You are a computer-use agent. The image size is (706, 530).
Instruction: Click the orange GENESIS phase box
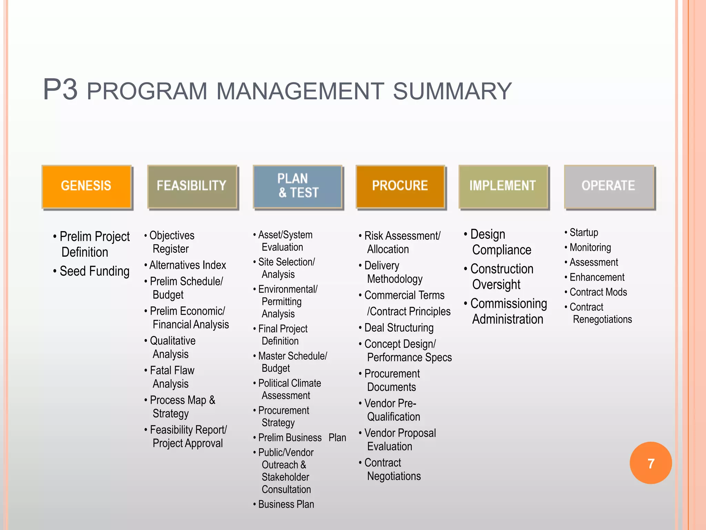[x=87, y=187]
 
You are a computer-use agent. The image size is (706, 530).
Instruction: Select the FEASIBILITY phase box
[x=192, y=187]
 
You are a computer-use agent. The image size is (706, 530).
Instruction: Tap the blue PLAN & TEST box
[x=298, y=187]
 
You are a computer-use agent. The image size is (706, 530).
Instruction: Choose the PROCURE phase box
[x=400, y=187]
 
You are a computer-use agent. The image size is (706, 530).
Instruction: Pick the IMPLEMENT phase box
[x=503, y=187]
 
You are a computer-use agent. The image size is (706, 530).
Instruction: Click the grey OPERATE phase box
[x=609, y=187]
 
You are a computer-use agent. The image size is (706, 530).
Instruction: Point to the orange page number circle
[x=650, y=463]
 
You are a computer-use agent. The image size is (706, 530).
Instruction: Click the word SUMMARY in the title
[x=452, y=91]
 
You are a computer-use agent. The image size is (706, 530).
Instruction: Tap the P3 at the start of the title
[x=60, y=90]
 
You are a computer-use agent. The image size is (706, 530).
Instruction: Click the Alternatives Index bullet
[x=188, y=265]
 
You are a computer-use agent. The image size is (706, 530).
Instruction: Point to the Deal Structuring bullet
[x=399, y=327]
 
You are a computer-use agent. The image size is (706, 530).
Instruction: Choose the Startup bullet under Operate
[x=584, y=233]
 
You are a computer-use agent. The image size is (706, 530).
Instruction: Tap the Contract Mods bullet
[x=598, y=292]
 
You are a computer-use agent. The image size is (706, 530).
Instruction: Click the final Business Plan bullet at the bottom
[x=286, y=504]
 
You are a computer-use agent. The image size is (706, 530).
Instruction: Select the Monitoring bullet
[x=590, y=247]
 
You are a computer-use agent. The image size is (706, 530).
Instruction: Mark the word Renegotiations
[x=602, y=319]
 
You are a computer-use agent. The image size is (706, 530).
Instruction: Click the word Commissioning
[x=508, y=304]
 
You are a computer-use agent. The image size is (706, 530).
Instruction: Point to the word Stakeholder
[x=285, y=477]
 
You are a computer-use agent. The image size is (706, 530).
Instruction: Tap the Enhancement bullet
[x=597, y=277]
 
